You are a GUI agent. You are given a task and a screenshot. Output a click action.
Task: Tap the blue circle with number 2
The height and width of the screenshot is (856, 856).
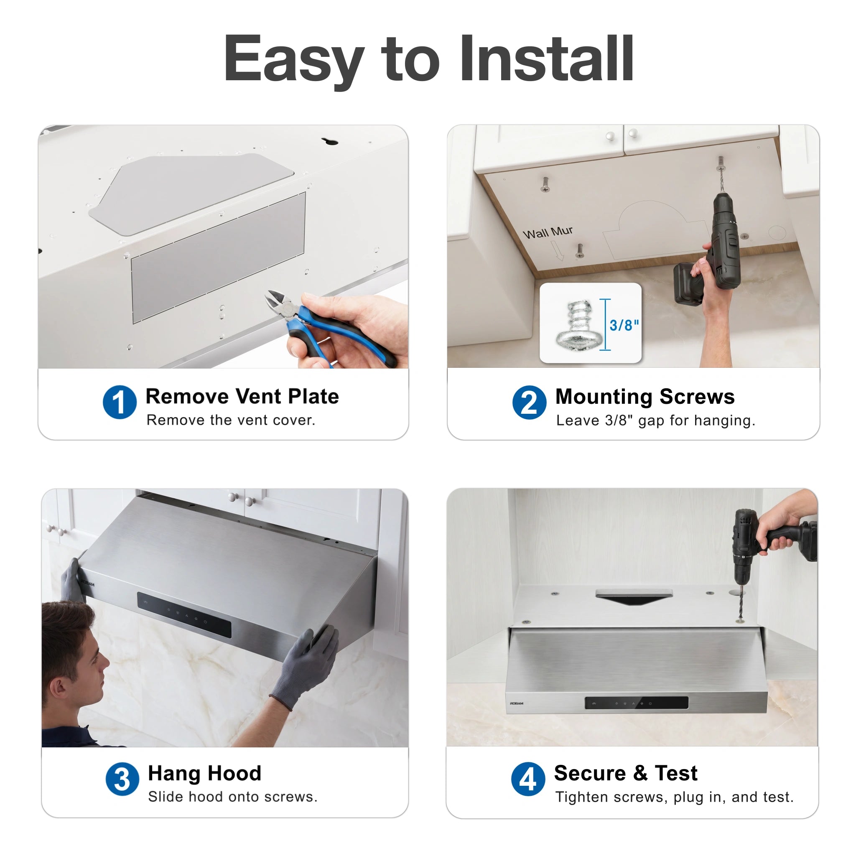529,403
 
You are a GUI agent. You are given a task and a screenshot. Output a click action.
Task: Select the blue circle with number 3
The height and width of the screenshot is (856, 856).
122,779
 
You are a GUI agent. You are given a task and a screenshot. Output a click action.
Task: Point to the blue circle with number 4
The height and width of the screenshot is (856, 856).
528,779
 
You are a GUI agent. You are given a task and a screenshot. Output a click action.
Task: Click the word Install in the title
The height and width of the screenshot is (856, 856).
547,59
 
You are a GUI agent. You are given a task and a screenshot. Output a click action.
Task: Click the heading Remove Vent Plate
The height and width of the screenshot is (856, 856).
242,396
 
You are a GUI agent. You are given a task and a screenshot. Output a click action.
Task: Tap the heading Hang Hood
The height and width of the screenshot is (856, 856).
205,773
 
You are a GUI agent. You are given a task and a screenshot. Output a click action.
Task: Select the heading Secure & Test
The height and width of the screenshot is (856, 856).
626,773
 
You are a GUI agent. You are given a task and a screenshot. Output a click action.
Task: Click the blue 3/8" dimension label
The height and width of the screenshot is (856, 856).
624,325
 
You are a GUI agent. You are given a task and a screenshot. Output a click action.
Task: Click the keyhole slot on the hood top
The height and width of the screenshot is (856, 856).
330,141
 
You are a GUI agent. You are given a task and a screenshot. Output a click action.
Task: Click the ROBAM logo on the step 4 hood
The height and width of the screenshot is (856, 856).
517,703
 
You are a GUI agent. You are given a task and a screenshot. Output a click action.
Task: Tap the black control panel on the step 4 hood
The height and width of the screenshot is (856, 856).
637,703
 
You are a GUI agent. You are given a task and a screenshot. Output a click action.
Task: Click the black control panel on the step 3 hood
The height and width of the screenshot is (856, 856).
184,614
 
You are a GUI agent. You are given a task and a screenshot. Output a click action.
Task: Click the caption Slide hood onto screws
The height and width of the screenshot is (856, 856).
233,797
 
